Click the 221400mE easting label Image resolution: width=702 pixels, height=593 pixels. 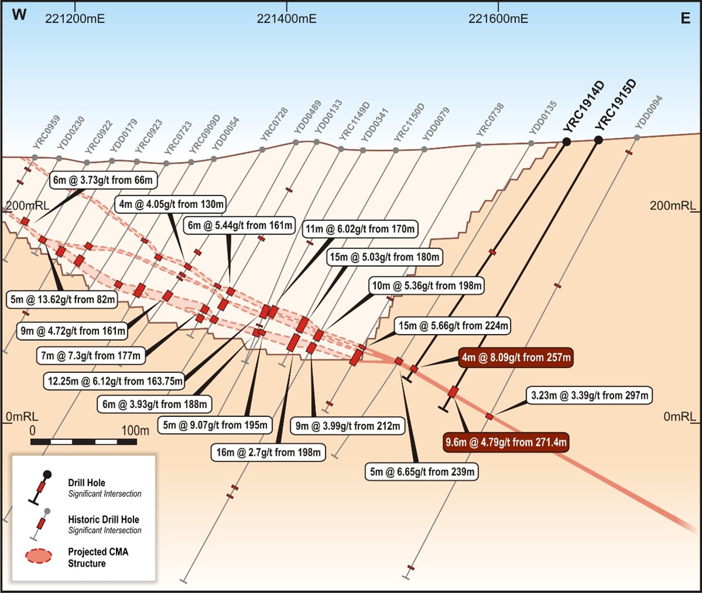286,18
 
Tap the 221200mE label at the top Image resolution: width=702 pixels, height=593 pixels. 75,18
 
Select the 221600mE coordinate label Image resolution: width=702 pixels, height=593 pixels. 498,18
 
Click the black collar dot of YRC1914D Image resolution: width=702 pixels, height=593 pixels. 566,142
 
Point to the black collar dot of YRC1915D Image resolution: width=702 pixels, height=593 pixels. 598,140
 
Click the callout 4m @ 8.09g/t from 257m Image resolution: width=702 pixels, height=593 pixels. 516,357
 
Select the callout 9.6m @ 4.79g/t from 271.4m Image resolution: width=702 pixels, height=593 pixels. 506,442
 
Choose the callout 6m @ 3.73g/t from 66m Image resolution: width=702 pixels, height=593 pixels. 103,180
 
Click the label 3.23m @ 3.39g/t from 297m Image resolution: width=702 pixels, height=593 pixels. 590,395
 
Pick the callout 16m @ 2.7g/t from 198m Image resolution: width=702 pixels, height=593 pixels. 268,452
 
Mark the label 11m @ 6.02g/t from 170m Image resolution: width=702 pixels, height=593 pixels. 360,229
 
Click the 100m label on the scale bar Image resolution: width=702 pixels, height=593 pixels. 135,430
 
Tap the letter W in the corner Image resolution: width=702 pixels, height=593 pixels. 19,15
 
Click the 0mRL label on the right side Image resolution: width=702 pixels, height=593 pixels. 680,417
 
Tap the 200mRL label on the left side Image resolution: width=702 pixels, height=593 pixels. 27,205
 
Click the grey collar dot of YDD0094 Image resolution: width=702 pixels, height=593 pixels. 637,137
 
